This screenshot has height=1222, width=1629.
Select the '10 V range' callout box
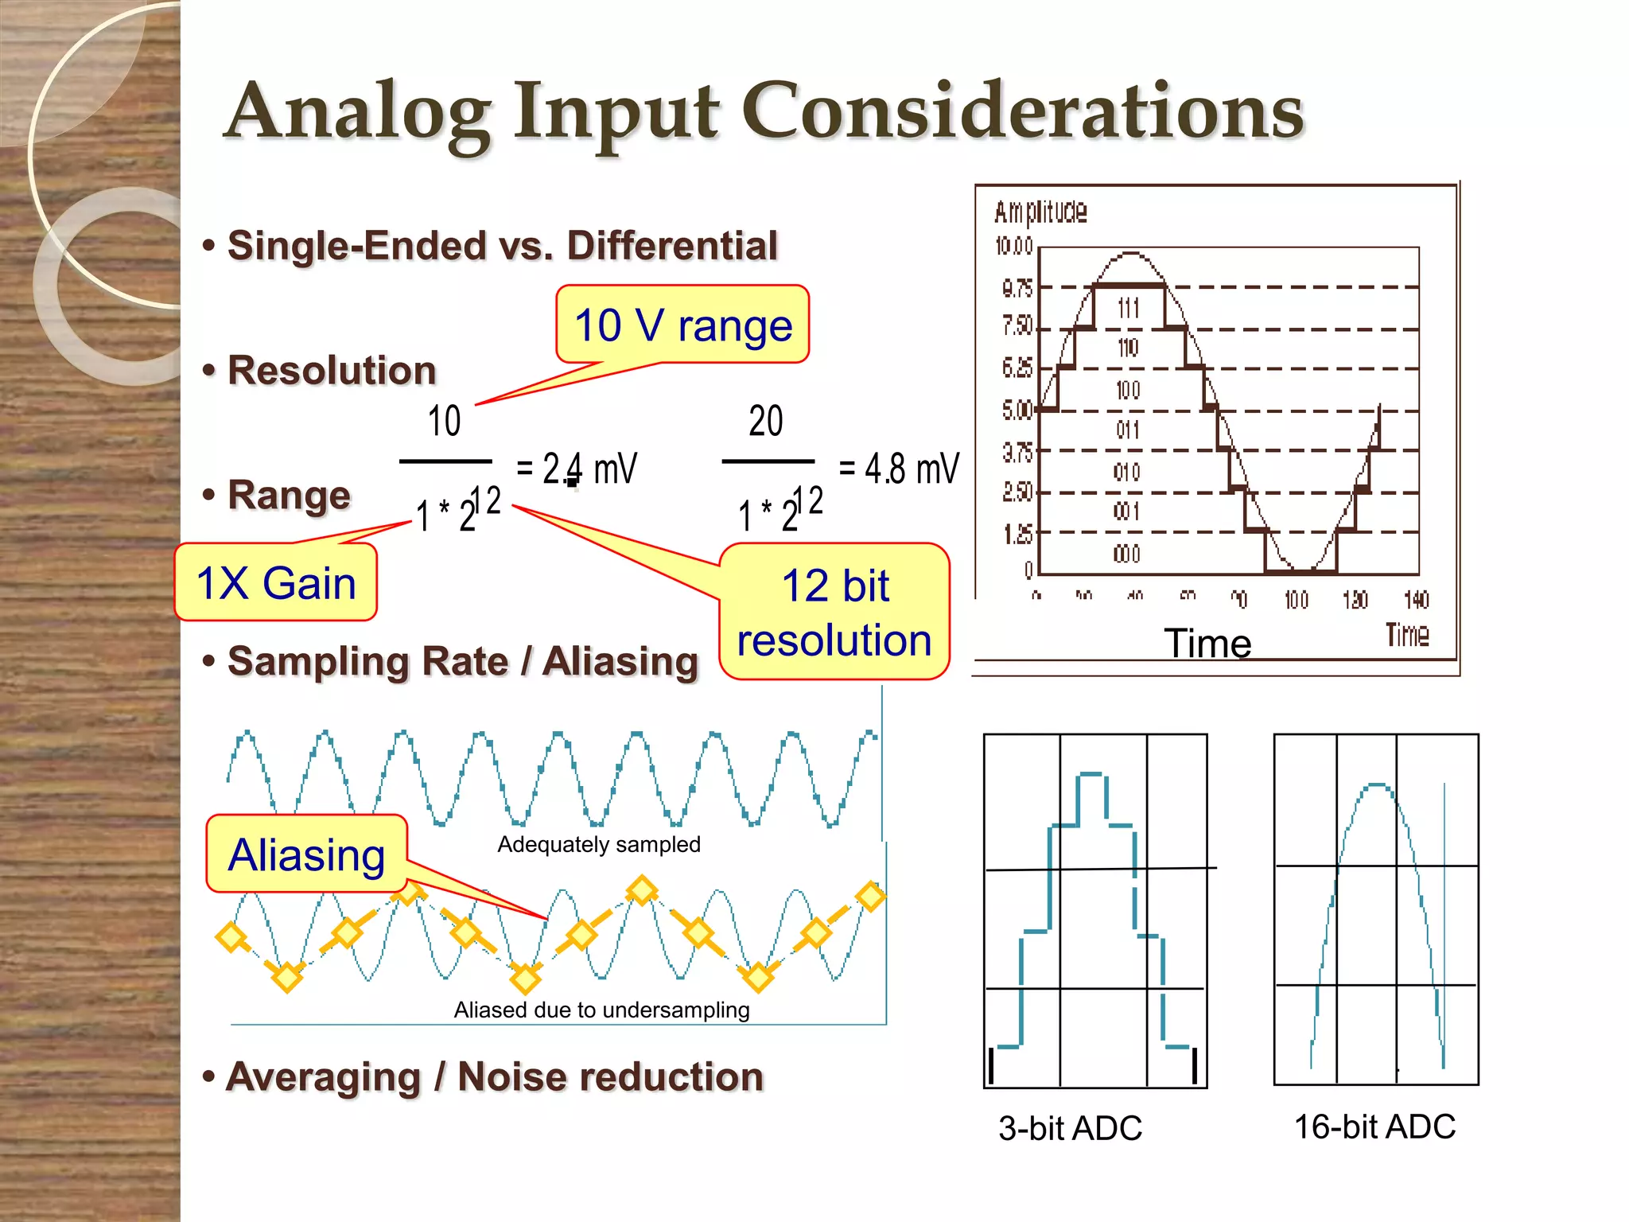(682, 325)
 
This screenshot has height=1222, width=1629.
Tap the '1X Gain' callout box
(275, 582)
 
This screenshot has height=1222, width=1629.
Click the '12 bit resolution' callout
(834, 613)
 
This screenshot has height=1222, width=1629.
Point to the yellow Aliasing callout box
(306, 854)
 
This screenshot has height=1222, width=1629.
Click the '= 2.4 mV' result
(577, 468)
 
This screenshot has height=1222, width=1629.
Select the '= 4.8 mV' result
(899, 468)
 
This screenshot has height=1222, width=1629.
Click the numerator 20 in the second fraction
(765, 420)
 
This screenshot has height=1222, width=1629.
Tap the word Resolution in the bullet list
(332, 371)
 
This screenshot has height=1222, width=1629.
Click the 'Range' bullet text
(289, 495)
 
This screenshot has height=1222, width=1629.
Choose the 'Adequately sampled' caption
(598, 844)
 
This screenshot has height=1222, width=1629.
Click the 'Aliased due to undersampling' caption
(601, 1010)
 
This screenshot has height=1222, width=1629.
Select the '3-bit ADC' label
(1070, 1128)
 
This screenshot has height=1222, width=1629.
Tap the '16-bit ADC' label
(1374, 1127)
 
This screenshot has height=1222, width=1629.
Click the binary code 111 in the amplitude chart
(1128, 308)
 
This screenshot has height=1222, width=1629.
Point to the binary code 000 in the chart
(1126, 554)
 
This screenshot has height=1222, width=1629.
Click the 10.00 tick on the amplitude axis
(1013, 247)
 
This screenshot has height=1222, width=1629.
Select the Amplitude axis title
(1040, 212)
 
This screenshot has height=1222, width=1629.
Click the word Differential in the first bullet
(672, 245)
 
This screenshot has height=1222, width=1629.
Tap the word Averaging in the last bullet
(323, 1077)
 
